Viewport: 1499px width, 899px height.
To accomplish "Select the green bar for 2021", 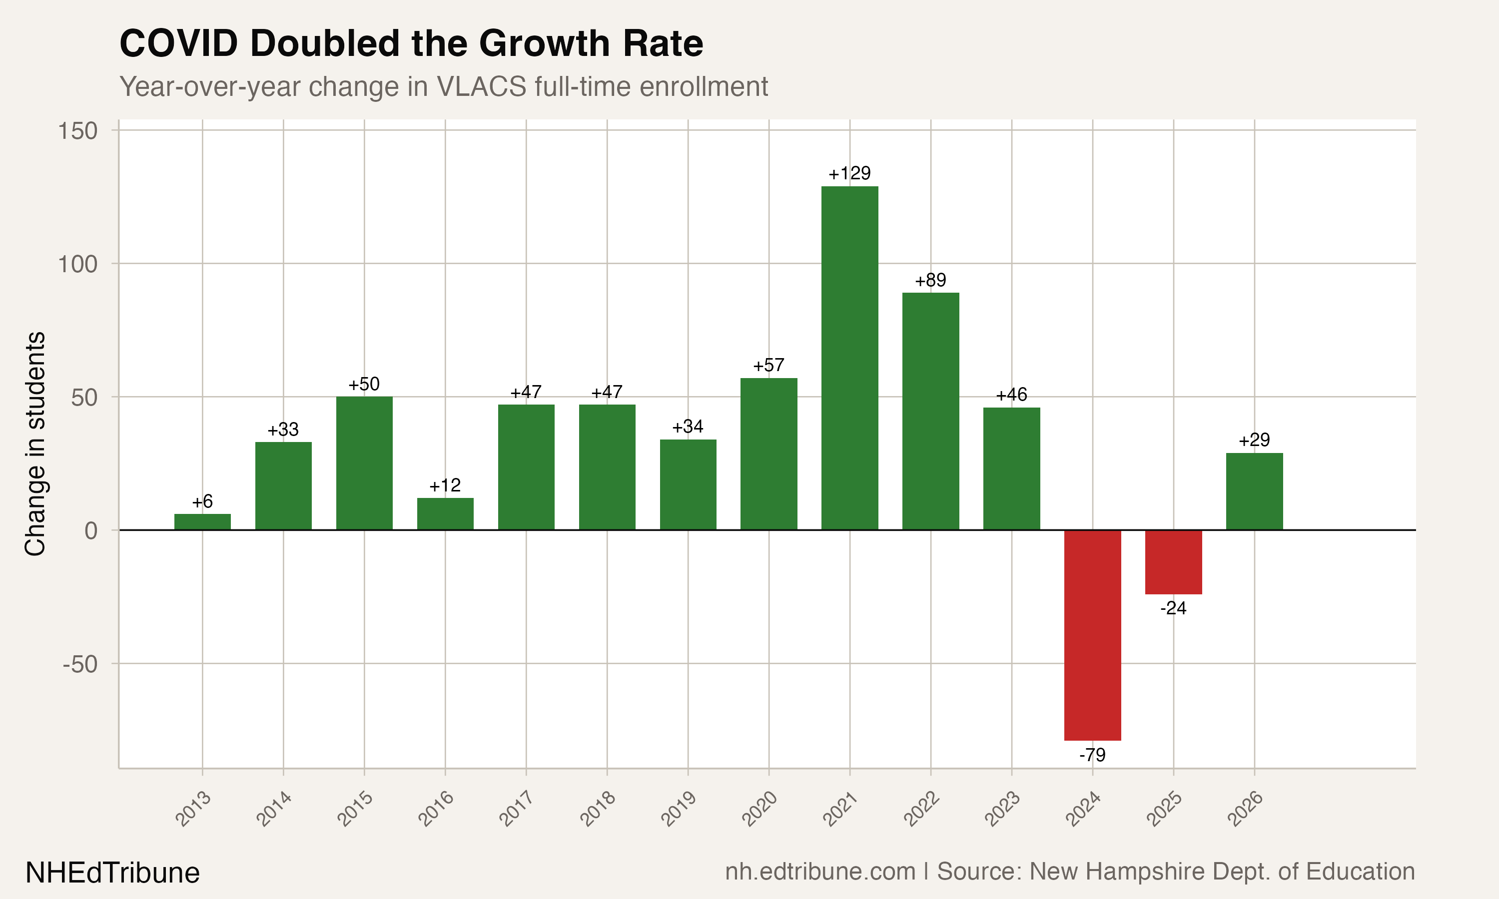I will point(849,358).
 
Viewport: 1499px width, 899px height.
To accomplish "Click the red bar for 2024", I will point(1092,635).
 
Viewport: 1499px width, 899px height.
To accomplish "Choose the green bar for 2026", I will point(1254,491).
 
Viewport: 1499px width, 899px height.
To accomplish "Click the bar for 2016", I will point(445,514).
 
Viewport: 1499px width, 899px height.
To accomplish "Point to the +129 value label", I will point(849,174).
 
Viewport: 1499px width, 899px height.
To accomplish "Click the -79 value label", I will point(1092,755).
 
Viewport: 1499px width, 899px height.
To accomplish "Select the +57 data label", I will point(768,365).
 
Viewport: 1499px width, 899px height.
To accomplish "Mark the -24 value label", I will point(1173,608).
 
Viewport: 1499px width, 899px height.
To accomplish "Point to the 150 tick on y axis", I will point(77,131).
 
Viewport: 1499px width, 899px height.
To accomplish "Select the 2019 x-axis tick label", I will point(679,809).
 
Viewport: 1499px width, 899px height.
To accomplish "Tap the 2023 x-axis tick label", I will point(1002,809).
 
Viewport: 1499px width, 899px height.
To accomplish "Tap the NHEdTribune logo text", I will point(113,873).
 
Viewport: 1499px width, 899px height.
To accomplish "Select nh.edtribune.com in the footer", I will point(820,872).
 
